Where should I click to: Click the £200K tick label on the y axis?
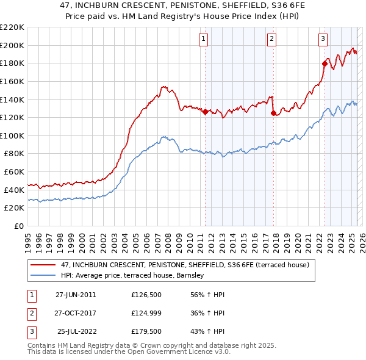click(12, 45)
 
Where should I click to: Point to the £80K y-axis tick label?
click(14, 154)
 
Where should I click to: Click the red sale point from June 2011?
click(205, 112)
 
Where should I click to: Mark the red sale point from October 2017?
click(273, 113)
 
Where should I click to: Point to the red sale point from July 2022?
click(325, 63)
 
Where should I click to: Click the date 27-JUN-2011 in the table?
click(76, 295)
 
